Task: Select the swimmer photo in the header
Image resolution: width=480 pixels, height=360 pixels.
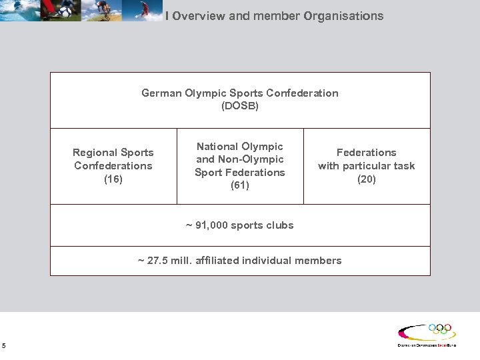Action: point(20,10)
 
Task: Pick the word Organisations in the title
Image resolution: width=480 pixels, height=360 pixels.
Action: point(343,15)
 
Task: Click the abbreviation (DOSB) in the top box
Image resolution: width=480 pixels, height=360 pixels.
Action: point(240,106)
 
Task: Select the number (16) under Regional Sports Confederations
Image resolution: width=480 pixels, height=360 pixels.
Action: point(113,179)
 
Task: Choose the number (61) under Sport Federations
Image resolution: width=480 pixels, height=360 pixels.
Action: point(240,185)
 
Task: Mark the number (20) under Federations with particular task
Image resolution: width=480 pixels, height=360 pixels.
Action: point(366,179)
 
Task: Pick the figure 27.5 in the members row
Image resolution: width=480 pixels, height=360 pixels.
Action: point(157,261)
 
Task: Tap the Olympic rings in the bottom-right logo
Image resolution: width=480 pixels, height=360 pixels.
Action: point(440,329)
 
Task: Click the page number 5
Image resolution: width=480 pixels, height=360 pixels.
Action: point(4,345)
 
